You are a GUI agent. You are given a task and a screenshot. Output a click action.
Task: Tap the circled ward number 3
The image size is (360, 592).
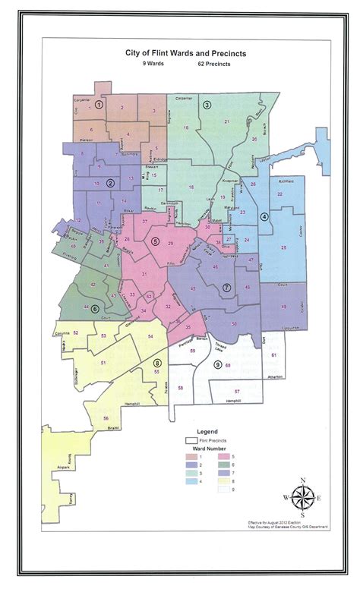tap(207, 105)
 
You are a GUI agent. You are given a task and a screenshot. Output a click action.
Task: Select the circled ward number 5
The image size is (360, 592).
tap(156, 241)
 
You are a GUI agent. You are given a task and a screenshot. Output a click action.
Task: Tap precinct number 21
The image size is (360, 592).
tap(226, 121)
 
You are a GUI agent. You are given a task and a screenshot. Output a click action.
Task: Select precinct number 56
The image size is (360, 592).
tap(106, 418)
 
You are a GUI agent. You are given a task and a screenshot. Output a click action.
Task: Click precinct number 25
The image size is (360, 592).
tap(283, 248)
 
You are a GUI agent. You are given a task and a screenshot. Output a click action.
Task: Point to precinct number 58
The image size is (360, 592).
tap(180, 388)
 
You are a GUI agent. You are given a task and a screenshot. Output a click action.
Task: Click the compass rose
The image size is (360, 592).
tap(302, 497)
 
